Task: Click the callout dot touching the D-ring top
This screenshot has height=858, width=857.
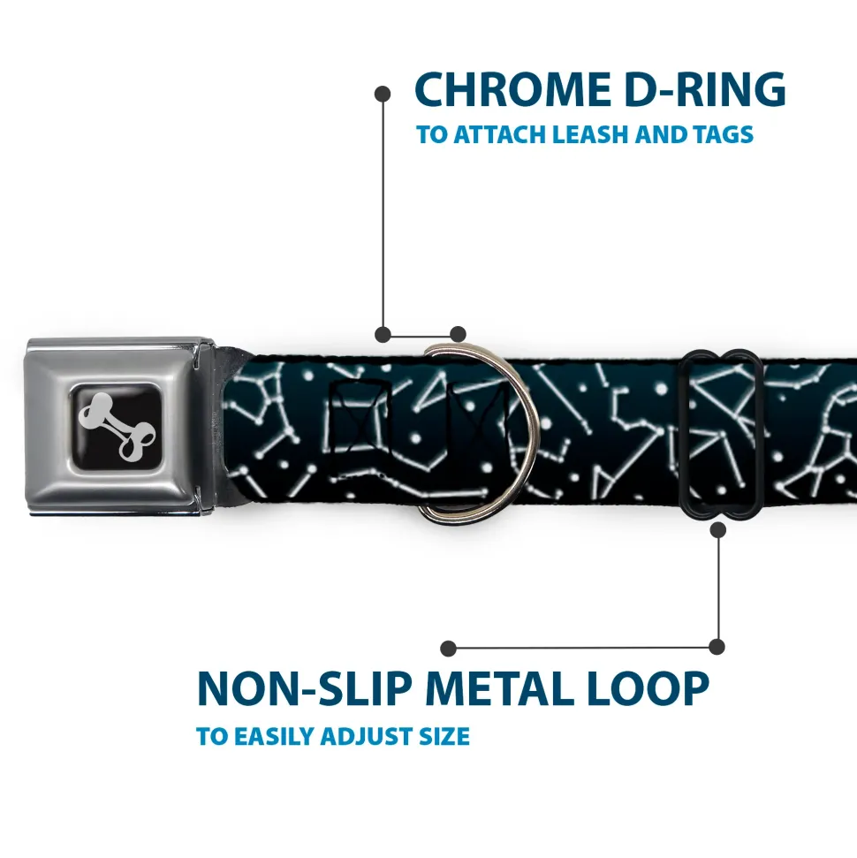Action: (457, 334)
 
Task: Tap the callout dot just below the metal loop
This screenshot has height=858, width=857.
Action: (717, 529)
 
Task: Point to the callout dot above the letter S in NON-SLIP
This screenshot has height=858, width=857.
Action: (449, 648)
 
